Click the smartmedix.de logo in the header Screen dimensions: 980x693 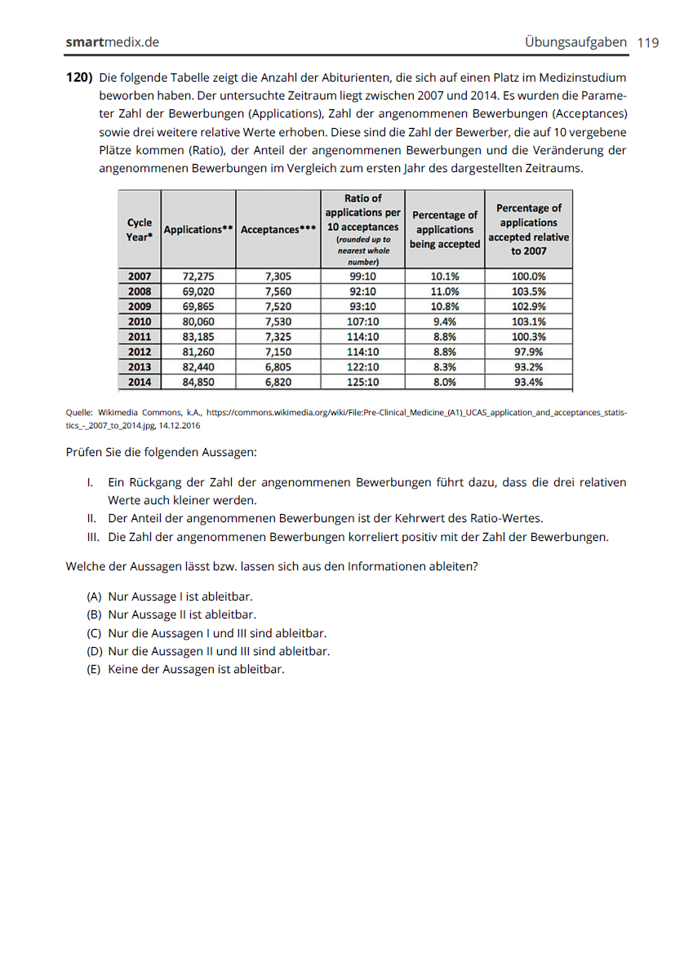[112, 42]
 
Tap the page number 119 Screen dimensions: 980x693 [648, 42]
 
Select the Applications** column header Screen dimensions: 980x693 [198, 230]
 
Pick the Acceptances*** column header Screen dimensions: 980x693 [278, 230]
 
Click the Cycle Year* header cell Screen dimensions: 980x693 [140, 229]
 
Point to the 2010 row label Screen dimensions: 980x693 [140, 321]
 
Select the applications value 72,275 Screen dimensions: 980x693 [198, 277]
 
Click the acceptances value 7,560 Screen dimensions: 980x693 [278, 291]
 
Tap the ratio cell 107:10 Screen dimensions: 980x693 [363, 321]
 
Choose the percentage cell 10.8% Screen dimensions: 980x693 [445, 307]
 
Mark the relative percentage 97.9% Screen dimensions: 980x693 [529, 352]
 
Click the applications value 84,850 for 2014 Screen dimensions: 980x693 [198, 382]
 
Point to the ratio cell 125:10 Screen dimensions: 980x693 [363, 382]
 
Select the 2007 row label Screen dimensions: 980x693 [140, 277]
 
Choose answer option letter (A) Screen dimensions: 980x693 [94, 597]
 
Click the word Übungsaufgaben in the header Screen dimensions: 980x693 [575, 42]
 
